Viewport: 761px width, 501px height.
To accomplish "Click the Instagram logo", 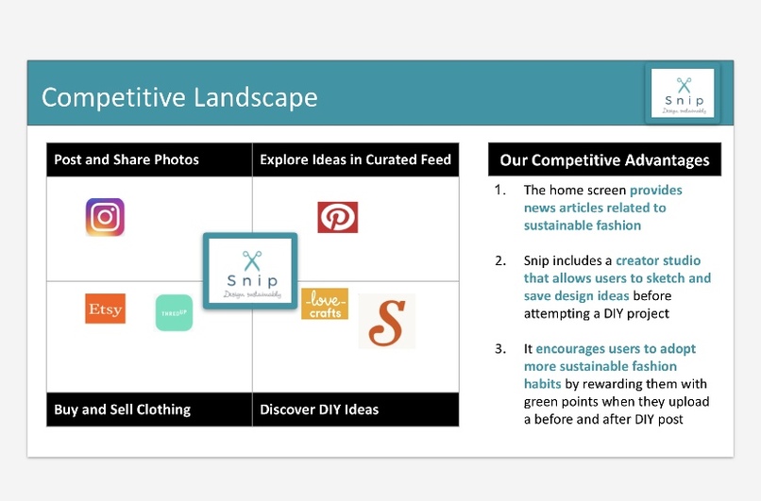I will pyautogui.click(x=105, y=217).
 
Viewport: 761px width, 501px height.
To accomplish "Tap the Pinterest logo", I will pyautogui.click(x=337, y=217).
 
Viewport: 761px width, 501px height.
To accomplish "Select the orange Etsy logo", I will pyautogui.click(x=105, y=309).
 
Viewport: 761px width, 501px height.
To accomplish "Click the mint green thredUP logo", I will pyautogui.click(x=174, y=313).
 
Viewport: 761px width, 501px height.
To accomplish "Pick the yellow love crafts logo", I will pyautogui.click(x=325, y=304).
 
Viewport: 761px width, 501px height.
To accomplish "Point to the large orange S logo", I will pyautogui.click(x=386, y=322).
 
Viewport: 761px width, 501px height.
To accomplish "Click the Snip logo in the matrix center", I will pyautogui.click(x=250, y=272).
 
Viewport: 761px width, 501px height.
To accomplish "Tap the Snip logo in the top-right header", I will pyautogui.click(x=683, y=93).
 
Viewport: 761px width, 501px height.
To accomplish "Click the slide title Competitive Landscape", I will pyautogui.click(x=179, y=97).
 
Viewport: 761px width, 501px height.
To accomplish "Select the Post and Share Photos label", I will pyautogui.click(x=127, y=159).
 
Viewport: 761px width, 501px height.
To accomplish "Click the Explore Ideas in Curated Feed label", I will pyautogui.click(x=355, y=159).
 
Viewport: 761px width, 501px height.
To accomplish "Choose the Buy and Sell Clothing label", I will pyautogui.click(x=123, y=409).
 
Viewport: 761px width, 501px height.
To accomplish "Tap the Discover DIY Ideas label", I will pyautogui.click(x=319, y=409).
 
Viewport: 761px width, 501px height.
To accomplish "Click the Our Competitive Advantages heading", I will pyautogui.click(x=604, y=159).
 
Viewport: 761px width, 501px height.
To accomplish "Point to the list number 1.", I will pyautogui.click(x=500, y=190).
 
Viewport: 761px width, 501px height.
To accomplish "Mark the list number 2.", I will pyautogui.click(x=500, y=260).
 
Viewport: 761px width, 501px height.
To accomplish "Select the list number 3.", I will pyautogui.click(x=500, y=348).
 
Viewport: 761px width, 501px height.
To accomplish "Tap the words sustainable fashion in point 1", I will pyautogui.click(x=583, y=225).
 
